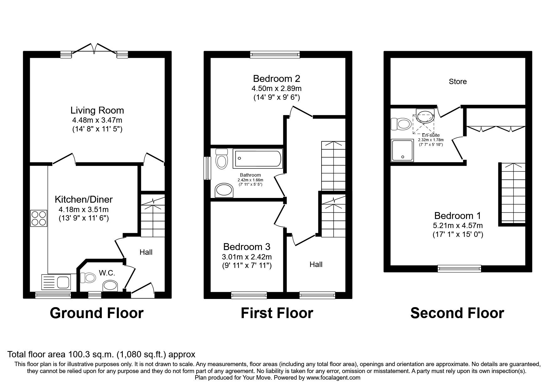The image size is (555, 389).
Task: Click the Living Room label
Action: pos(97,110)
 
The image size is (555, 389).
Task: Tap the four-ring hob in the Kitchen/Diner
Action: pos(39,218)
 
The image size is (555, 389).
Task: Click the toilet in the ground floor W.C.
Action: pos(88,277)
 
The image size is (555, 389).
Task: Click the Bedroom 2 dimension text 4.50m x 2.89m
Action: pos(277,88)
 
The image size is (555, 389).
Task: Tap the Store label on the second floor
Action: pos(458,82)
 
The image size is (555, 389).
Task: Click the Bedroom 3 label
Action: pos(247,247)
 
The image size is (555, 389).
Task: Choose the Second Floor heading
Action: pos(457,313)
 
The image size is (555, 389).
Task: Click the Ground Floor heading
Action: pos(97,313)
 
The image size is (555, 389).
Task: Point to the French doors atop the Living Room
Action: pos(95,50)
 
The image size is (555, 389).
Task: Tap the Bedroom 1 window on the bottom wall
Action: pos(459,268)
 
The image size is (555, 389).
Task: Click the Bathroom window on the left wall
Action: pos(207,168)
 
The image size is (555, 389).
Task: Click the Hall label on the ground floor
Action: pos(146,252)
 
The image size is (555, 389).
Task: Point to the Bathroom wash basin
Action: pos(224,190)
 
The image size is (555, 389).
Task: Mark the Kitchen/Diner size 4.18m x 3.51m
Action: pos(84,210)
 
